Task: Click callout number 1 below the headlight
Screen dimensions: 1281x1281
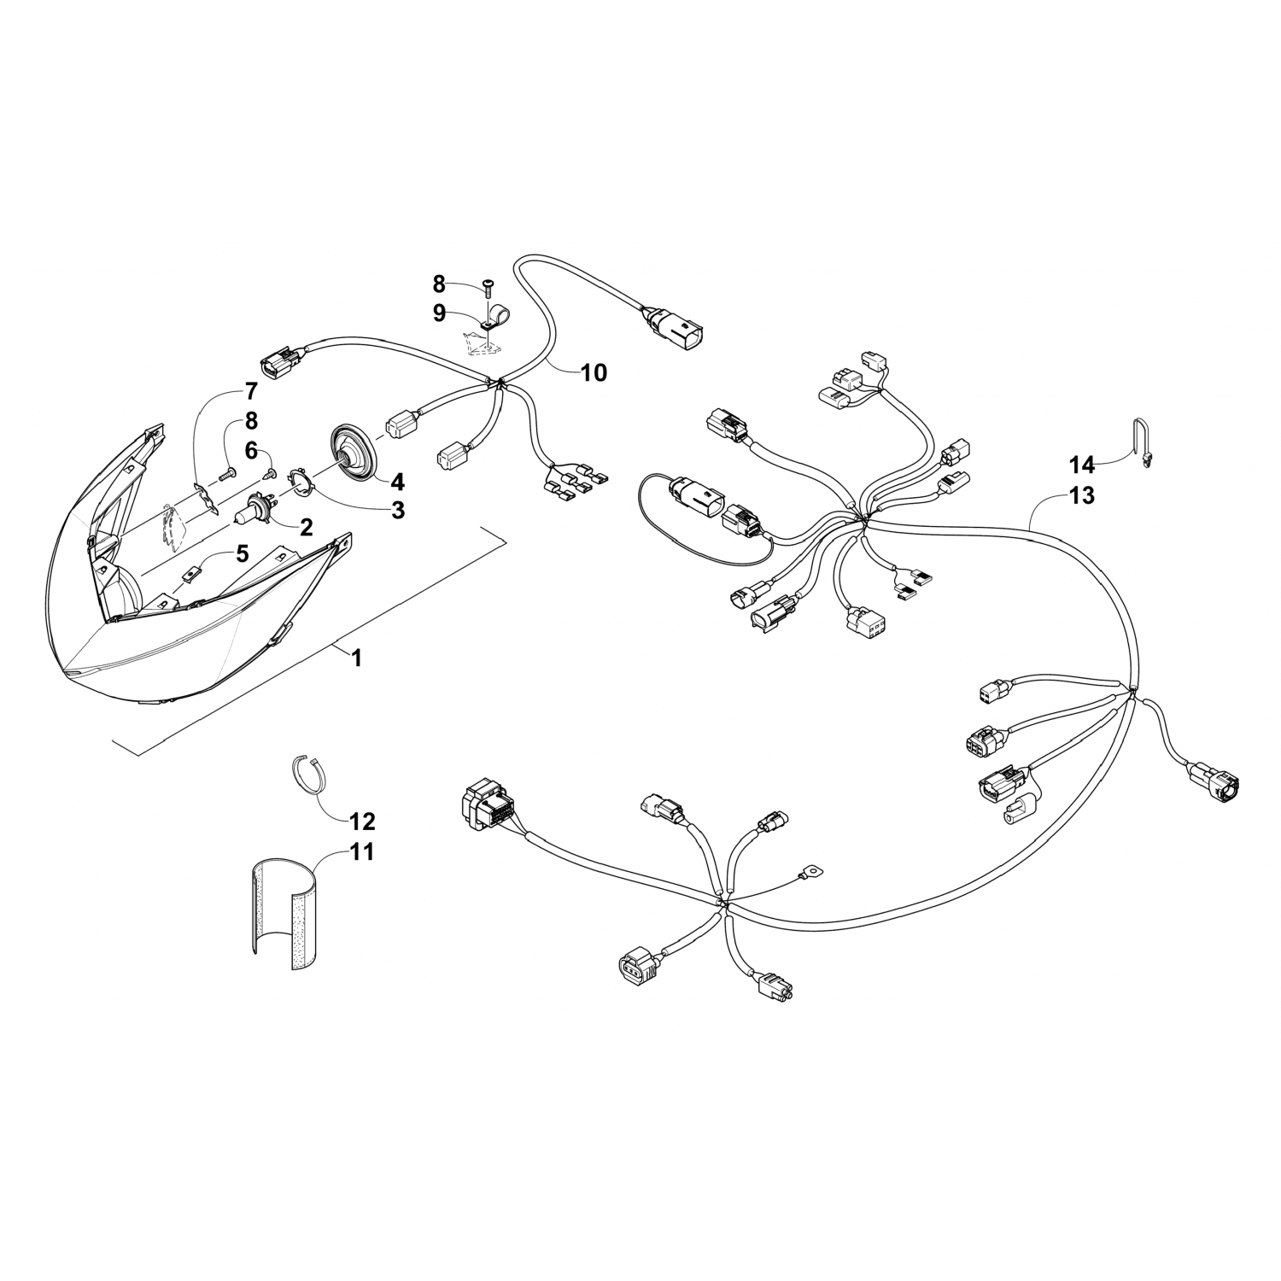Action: click(x=357, y=658)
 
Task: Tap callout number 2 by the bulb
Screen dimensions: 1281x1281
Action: click(x=306, y=527)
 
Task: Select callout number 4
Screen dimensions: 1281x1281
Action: click(x=397, y=481)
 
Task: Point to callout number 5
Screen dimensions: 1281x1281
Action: click(x=242, y=554)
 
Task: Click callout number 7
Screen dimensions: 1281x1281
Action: click(x=250, y=392)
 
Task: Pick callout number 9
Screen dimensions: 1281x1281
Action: click(x=439, y=313)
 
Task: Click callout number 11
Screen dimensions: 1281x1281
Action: click(x=362, y=852)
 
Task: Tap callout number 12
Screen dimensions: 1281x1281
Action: click(x=362, y=822)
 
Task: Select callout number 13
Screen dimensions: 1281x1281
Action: click(x=1081, y=495)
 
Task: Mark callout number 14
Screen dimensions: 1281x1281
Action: click(x=1081, y=465)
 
